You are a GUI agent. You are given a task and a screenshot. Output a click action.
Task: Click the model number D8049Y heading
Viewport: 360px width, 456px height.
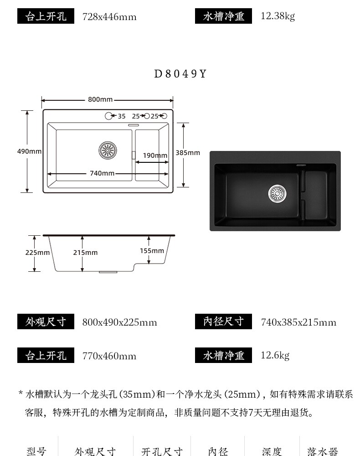click(x=180, y=74)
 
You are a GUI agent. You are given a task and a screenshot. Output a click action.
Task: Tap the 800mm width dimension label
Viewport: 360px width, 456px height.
click(x=100, y=99)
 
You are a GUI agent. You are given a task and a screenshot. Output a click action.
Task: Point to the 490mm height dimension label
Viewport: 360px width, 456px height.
click(x=29, y=151)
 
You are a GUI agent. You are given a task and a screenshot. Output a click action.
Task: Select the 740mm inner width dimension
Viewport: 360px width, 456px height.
click(x=102, y=173)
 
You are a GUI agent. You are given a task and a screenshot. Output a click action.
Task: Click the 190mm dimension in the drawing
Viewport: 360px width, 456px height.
click(x=155, y=155)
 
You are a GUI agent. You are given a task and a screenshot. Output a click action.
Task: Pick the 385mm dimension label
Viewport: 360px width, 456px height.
click(x=188, y=153)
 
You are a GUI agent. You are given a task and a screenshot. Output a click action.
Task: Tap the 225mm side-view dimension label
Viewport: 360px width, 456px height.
click(x=37, y=253)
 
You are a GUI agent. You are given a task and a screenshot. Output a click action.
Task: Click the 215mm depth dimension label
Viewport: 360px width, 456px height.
click(x=85, y=253)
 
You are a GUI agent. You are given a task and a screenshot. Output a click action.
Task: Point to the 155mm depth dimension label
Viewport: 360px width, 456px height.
click(x=152, y=251)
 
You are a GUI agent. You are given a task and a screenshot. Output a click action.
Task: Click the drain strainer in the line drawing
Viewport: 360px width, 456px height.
click(x=108, y=150)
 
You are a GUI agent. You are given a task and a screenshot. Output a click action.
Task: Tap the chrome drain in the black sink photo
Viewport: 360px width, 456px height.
click(x=277, y=193)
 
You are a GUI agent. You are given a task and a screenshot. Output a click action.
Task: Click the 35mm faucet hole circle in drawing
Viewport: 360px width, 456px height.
click(x=108, y=116)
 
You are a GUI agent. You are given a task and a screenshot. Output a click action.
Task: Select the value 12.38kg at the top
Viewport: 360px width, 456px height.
click(x=278, y=16)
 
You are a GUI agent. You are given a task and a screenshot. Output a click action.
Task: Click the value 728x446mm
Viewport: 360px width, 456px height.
click(x=109, y=17)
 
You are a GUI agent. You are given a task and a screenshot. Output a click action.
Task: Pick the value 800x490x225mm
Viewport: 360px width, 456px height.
click(x=119, y=322)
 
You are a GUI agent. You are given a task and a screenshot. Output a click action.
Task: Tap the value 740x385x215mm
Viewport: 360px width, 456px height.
click(x=298, y=322)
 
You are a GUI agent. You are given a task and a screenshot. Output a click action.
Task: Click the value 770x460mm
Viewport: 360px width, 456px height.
click(x=109, y=356)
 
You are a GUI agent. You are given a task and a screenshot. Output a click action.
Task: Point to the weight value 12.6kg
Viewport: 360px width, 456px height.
click(x=275, y=355)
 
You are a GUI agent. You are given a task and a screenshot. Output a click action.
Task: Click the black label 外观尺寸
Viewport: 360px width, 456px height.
click(x=46, y=322)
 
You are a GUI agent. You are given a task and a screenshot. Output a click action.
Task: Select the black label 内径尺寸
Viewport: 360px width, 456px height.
click(x=223, y=321)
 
